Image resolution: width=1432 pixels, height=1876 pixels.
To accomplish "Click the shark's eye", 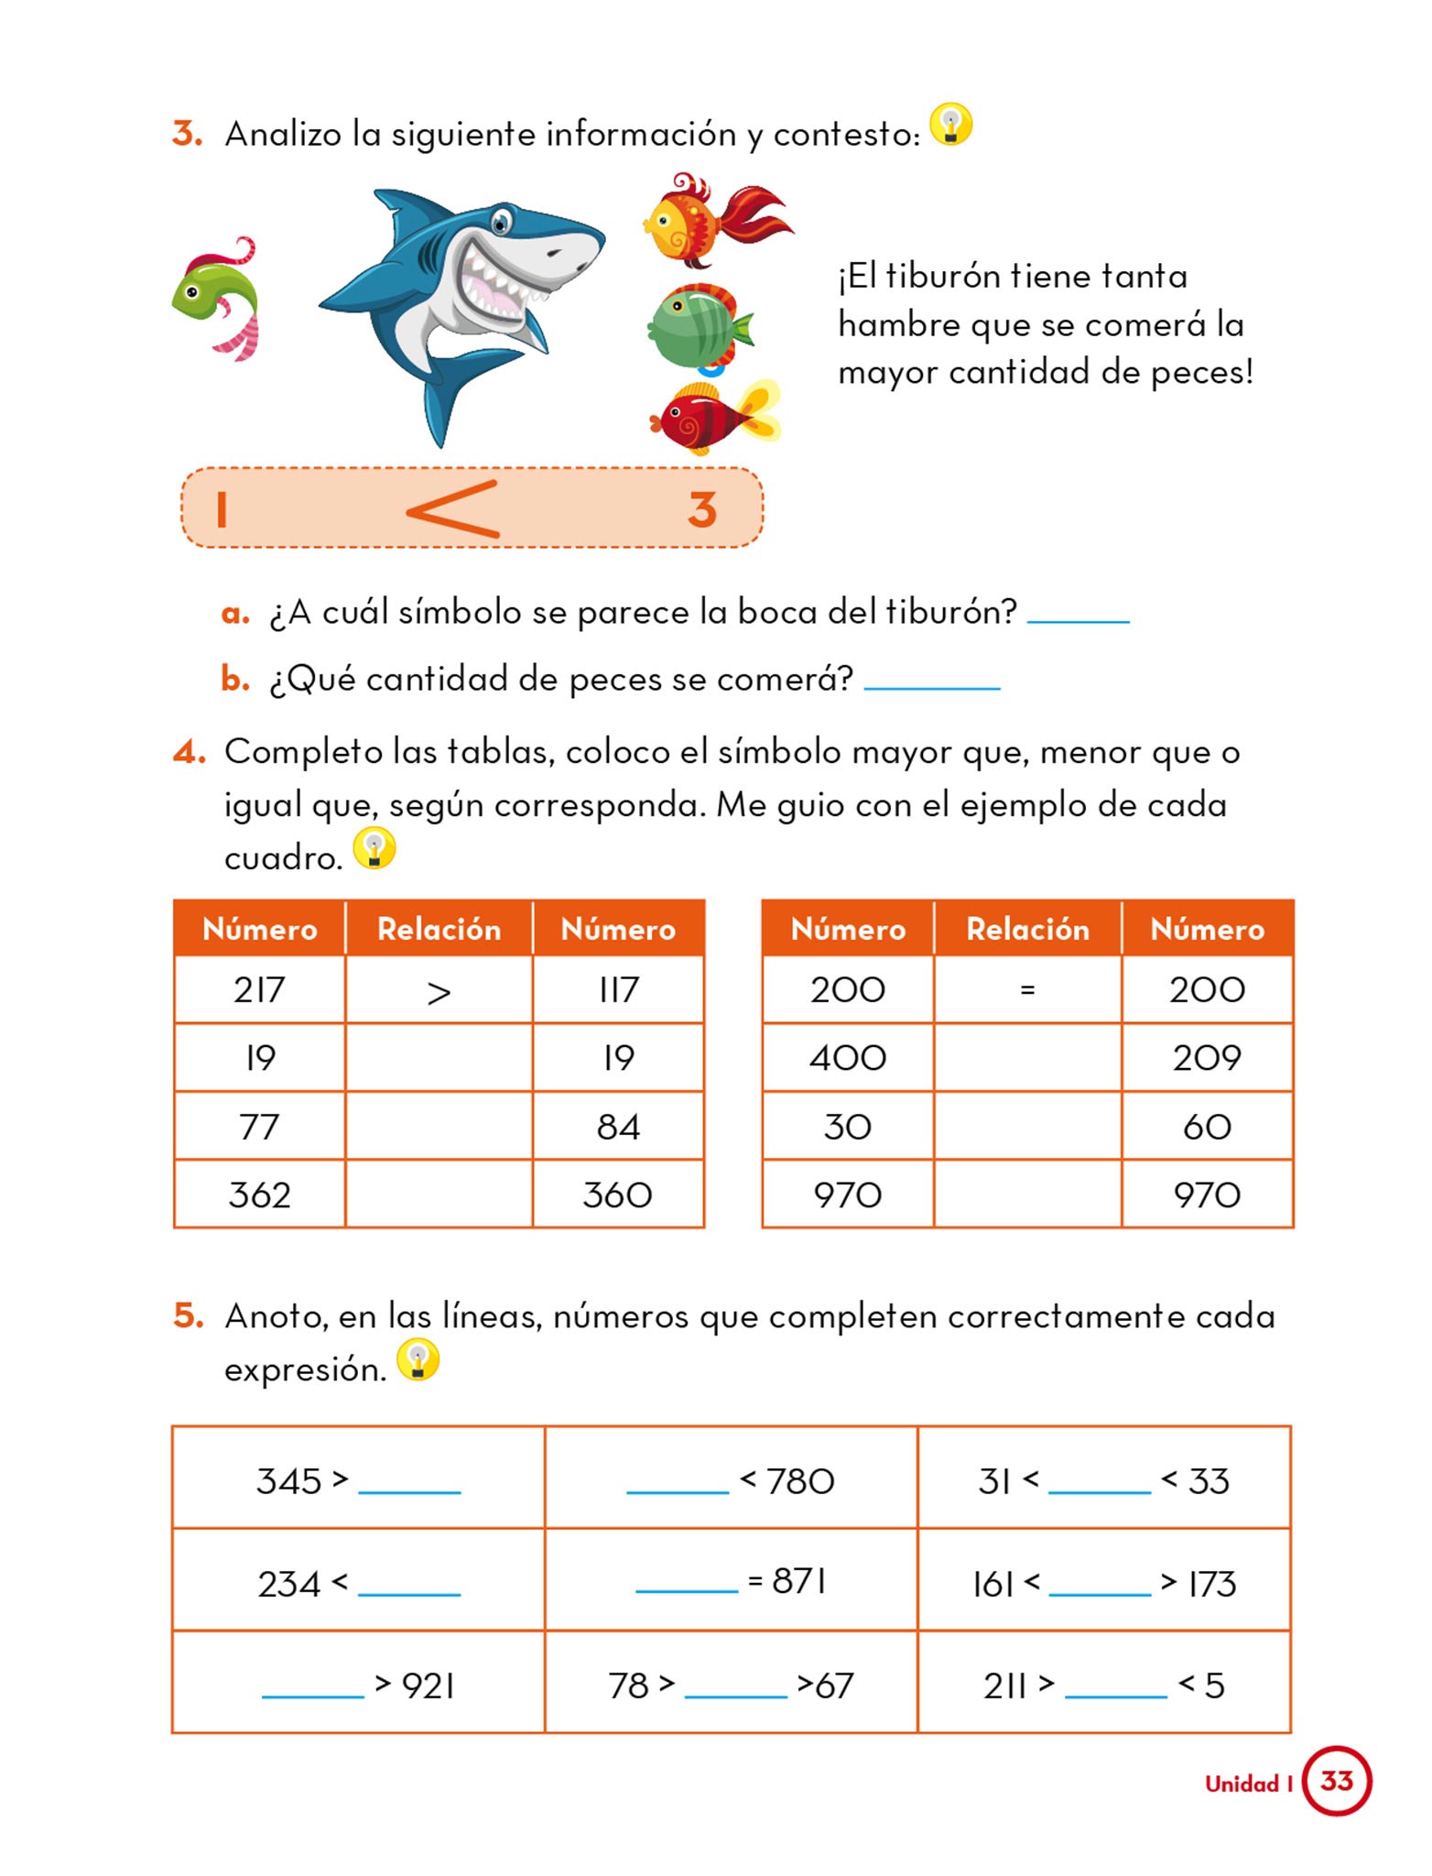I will coord(501,221).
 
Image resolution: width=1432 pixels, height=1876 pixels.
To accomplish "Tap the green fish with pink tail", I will coord(216,295).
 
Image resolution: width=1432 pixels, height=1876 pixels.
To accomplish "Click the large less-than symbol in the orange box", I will coord(453,509).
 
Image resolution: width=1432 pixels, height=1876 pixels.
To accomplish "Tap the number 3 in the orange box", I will coord(702,510).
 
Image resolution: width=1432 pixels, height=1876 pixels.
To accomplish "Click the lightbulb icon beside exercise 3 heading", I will coord(950,125).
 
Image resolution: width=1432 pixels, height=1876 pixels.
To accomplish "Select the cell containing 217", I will coord(259,990).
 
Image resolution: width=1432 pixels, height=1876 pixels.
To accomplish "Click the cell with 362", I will coord(259,1195).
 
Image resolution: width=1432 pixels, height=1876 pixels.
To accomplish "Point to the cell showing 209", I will coord(1207,1059).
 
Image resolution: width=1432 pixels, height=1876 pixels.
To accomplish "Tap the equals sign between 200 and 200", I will coord(1027,990).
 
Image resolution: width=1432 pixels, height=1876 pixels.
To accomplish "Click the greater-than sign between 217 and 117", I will coord(439,992).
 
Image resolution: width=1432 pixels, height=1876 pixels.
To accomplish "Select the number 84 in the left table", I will coord(618,1128).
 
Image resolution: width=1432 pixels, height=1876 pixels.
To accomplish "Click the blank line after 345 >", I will coord(409,1487).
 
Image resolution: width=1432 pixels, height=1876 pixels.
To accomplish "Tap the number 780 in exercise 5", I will coord(800,1481).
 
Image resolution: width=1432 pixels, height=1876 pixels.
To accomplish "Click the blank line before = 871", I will coord(687,1586).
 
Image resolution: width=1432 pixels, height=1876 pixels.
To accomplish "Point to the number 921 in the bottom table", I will coord(429,1685).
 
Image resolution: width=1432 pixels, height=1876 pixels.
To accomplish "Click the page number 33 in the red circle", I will coord(1336,1781).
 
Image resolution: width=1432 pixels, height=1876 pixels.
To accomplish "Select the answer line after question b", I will coord(931,683).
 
